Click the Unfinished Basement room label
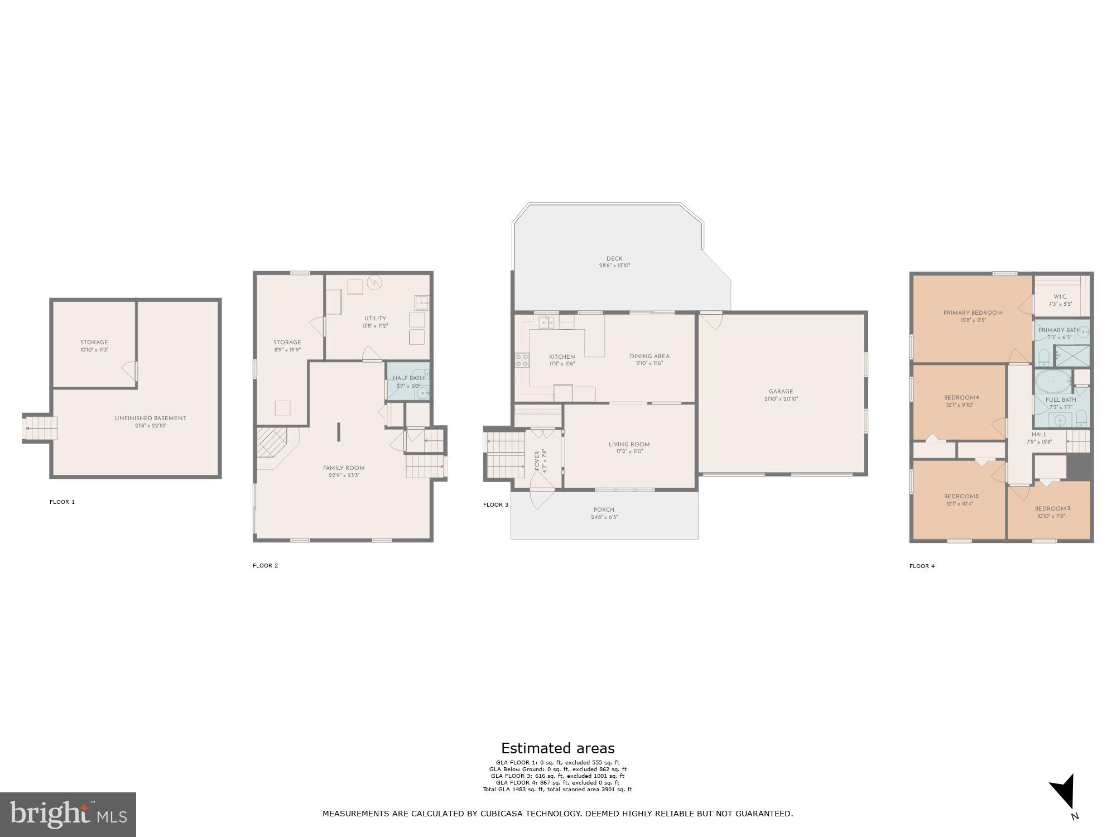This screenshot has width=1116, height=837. click(x=150, y=418)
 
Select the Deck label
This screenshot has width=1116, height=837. click(x=614, y=258)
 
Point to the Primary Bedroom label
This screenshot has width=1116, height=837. click(x=973, y=313)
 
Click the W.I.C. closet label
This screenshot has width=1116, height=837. click(x=1060, y=297)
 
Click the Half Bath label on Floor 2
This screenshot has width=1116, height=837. click(x=408, y=378)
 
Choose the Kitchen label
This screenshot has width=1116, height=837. click(x=561, y=357)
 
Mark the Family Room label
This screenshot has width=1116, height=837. click(x=344, y=468)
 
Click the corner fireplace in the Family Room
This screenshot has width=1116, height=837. click(x=271, y=441)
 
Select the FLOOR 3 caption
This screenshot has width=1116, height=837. click(x=496, y=505)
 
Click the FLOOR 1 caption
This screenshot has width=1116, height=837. click(x=62, y=502)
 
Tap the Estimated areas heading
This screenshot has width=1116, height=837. click(x=557, y=748)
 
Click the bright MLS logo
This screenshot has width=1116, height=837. click(x=68, y=814)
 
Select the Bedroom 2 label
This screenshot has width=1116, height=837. click(x=1052, y=509)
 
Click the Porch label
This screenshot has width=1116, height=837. click(x=604, y=510)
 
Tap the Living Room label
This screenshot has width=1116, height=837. click(x=629, y=445)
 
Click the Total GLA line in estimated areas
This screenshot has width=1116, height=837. click(x=557, y=790)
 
